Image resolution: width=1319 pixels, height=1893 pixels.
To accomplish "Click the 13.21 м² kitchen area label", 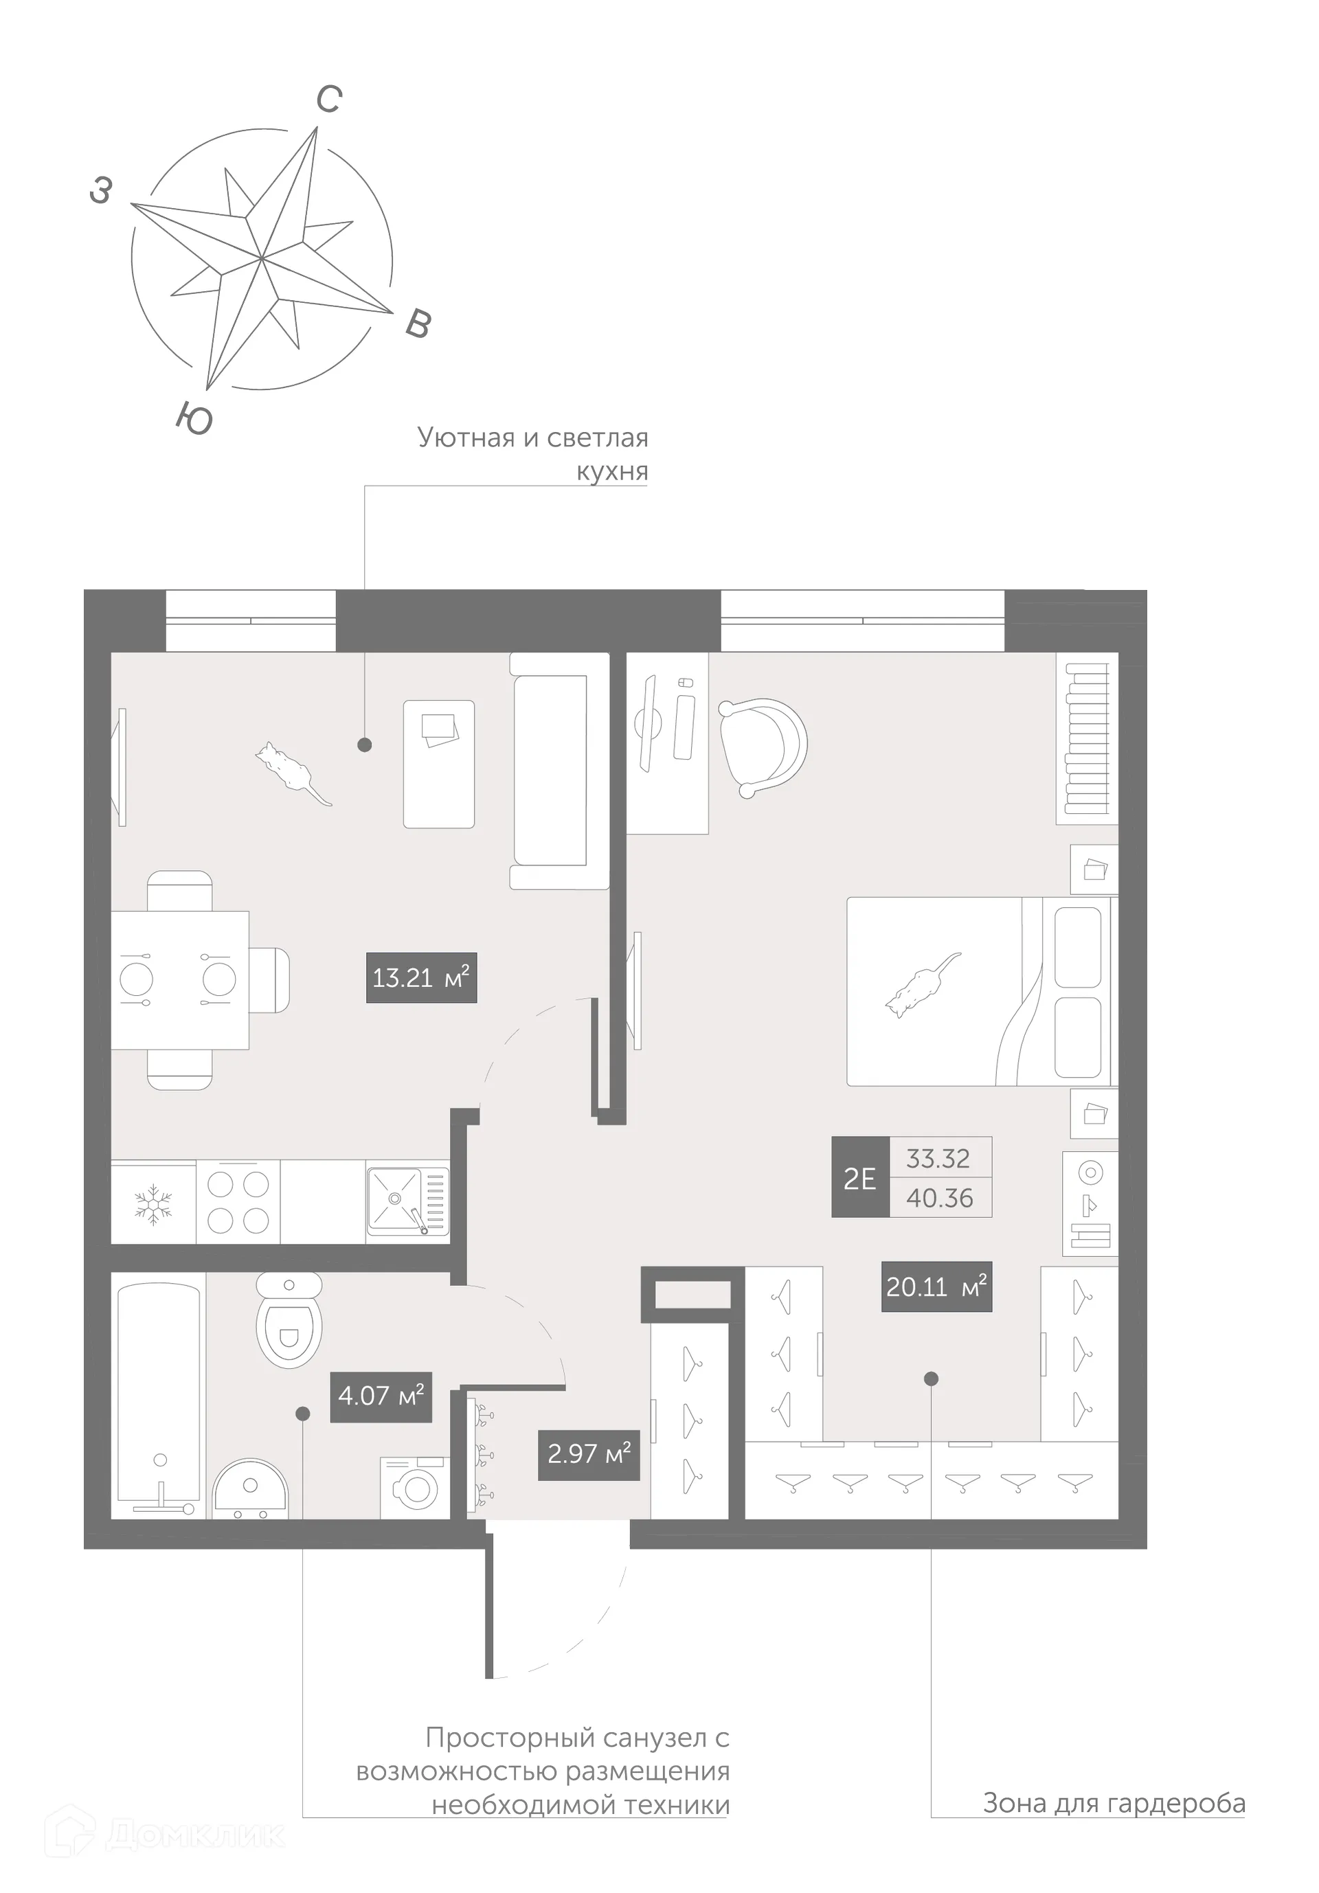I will pyautogui.click(x=421, y=978).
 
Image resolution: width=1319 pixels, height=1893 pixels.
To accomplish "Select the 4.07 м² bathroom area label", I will pyautogui.click(x=381, y=1396).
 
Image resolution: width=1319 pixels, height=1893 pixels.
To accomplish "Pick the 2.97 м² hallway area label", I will pyautogui.click(x=589, y=1453).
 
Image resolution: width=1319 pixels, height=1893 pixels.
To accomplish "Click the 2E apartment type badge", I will pyautogui.click(x=859, y=1178).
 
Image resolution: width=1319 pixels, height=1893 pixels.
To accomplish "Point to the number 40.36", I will pyautogui.click(x=940, y=1198).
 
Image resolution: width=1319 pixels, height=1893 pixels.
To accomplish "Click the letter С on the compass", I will pyautogui.click(x=329, y=100).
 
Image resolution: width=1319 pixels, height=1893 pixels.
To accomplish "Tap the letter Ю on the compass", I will pyautogui.click(x=194, y=419).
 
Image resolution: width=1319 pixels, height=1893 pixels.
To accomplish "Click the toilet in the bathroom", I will pyautogui.click(x=289, y=1319).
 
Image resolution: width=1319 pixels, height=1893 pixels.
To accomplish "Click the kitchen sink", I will pyautogui.click(x=408, y=1201).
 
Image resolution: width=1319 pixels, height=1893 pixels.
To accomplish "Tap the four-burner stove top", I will pyautogui.click(x=238, y=1202).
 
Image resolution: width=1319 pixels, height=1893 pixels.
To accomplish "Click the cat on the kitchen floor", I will pyautogui.click(x=290, y=770).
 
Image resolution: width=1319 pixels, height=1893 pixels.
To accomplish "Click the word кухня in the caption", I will pyautogui.click(x=611, y=472).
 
